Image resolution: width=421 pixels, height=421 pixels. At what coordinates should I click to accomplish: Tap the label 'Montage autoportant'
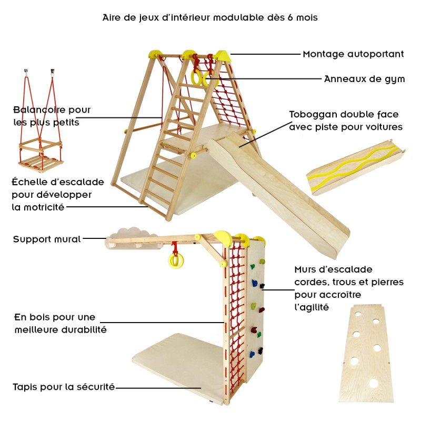click(x=353, y=54)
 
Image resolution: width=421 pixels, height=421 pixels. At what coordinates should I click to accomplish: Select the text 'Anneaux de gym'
click(x=364, y=79)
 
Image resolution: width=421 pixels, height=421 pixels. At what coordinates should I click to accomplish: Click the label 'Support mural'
click(x=47, y=239)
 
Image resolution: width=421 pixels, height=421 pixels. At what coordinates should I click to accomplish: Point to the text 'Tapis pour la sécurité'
click(x=64, y=387)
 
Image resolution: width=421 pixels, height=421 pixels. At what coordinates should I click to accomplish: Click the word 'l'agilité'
click(x=312, y=307)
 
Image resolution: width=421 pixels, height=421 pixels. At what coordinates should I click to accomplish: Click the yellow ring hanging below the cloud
click(x=174, y=260)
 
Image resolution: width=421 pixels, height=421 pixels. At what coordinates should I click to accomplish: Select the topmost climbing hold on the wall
click(x=262, y=262)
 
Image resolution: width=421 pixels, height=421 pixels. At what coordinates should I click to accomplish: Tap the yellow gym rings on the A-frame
click(x=203, y=78)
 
